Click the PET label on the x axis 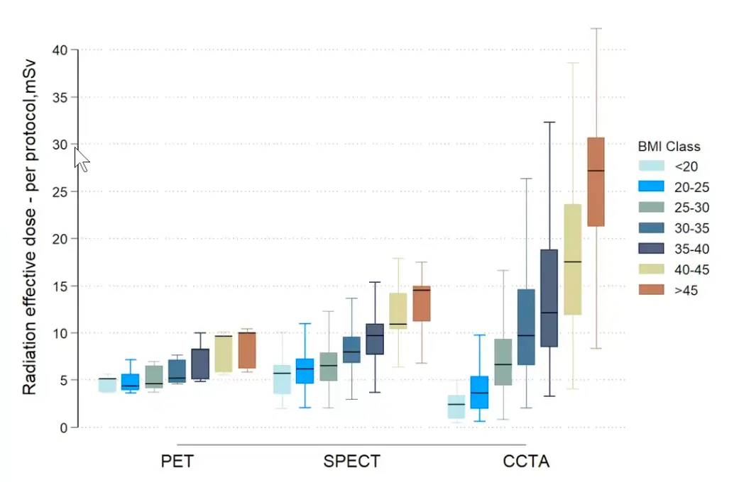[177, 462]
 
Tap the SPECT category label [351, 462]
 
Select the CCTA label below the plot [526, 462]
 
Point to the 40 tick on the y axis [60, 50]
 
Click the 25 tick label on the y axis [60, 191]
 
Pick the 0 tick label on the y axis [64, 427]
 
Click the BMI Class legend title [668, 147]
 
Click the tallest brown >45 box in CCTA [596, 181]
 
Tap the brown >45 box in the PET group [247, 350]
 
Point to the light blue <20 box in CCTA [456, 407]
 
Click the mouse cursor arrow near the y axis [81, 158]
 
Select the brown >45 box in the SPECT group [422, 303]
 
